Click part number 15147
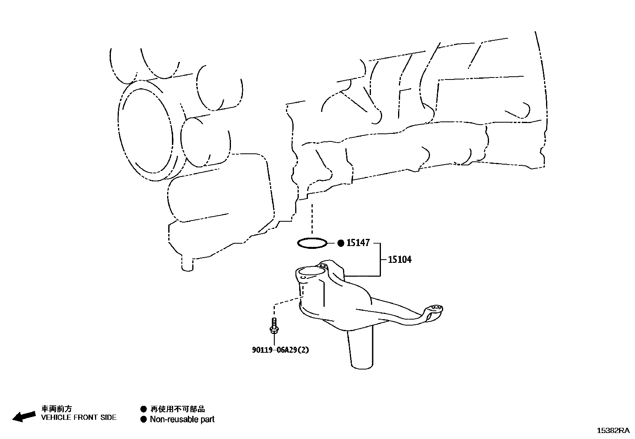pos(358,243)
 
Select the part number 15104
pos(400,260)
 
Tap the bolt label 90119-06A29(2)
pos(280,350)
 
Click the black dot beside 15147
pos(341,243)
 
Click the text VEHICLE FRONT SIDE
pos(79,417)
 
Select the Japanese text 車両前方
pos(57,409)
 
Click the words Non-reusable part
pos(182,419)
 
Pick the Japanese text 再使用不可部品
pos(177,409)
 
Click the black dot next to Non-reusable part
pos(144,419)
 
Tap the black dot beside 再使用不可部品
pos(144,409)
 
